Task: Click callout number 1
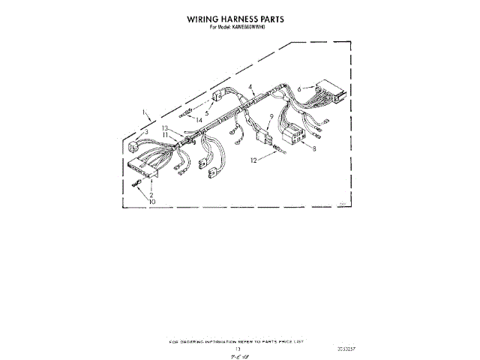(x=143, y=112)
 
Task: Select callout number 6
(x=298, y=89)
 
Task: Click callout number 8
(x=315, y=149)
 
